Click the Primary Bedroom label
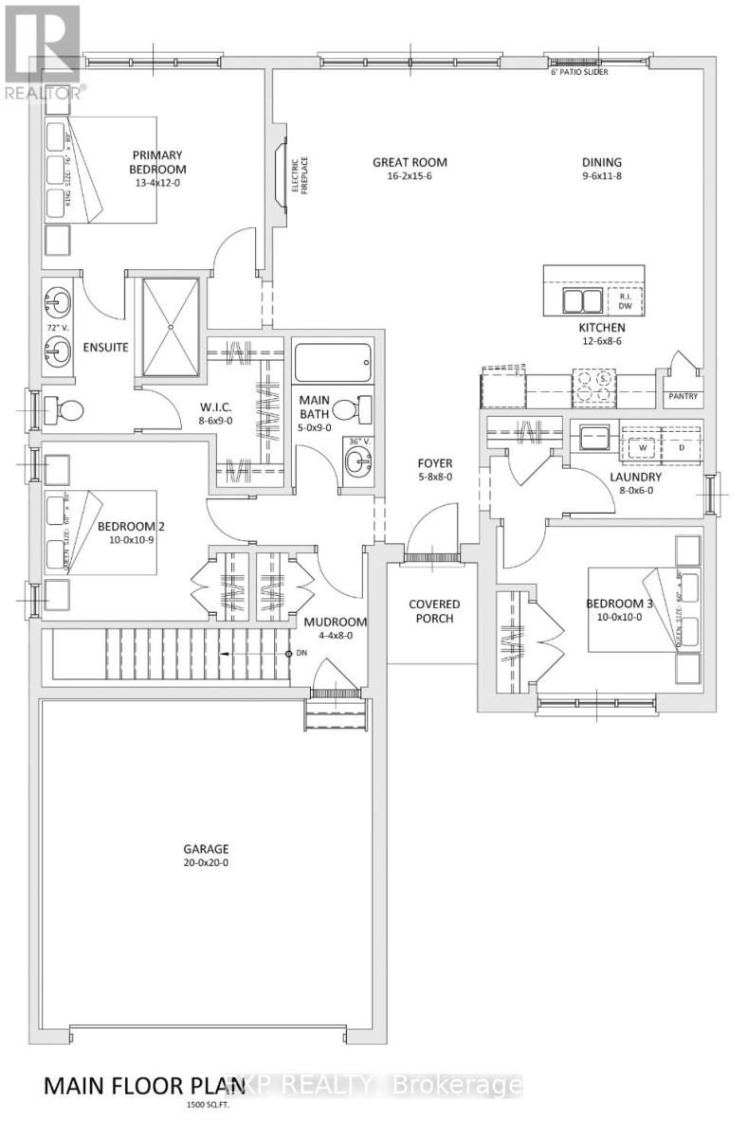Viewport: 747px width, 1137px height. (157, 162)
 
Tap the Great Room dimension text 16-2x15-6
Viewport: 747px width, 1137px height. (409, 177)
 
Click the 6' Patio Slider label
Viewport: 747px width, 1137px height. (579, 70)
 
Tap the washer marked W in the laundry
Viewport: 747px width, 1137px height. (642, 446)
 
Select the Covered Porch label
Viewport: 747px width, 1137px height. (434, 611)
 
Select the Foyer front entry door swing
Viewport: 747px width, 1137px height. (431, 531)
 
